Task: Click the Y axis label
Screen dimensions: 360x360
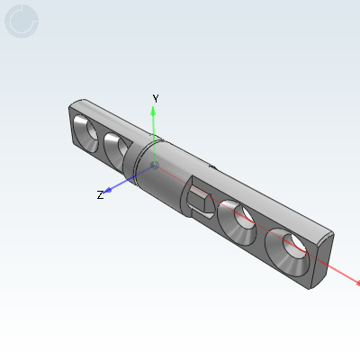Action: pos(156,98)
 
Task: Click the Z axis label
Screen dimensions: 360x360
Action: pos(100,195)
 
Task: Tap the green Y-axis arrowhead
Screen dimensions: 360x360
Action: pos(153,112)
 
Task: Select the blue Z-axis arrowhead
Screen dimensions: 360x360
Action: pos(107,190)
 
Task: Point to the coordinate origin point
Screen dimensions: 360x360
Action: pos(155,166)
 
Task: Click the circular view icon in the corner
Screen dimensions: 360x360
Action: pos(22,22)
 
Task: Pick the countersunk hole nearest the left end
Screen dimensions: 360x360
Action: pos(86,133)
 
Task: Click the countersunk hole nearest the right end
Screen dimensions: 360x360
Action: pos(287,252)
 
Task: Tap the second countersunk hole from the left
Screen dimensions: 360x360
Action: pos(115,151)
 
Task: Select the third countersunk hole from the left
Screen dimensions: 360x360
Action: pos(238,222)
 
